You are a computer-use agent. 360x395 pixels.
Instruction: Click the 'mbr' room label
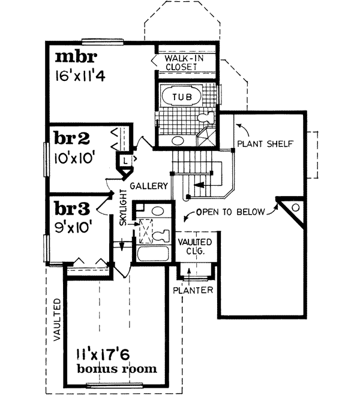click(76, 58)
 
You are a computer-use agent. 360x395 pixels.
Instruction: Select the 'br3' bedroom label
click(71, 209)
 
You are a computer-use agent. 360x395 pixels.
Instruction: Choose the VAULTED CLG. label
click(192, 246)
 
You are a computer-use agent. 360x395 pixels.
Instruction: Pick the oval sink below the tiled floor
click(177, 141)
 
